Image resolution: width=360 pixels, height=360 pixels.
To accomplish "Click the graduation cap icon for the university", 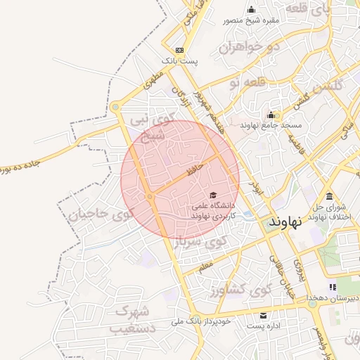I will tap(213, 195).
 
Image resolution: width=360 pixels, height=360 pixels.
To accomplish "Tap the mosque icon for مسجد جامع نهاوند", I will tap(270, 115).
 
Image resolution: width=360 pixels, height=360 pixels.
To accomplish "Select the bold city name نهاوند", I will tap(285, 221).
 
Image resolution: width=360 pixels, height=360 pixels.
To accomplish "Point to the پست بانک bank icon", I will tap(180, 50).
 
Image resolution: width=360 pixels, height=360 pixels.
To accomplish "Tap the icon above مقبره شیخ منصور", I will tap(252, 10).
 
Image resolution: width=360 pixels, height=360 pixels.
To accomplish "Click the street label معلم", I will tap(205, 266).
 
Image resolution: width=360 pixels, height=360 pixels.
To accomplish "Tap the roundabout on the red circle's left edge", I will tap(150, 197).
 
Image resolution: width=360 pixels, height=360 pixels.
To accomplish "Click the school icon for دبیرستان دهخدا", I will tap(333, 287).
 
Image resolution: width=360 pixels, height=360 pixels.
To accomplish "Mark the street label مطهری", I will tap(153, 82).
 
